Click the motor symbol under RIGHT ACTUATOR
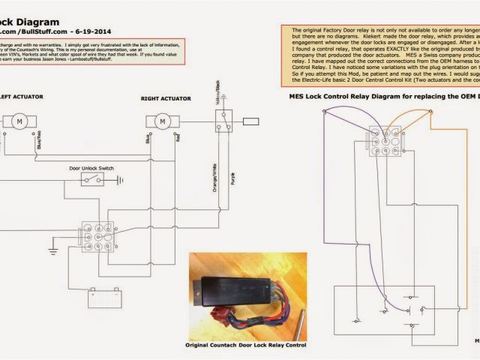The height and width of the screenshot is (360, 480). click(160, 120)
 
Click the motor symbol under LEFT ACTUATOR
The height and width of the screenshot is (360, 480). click(20, 120)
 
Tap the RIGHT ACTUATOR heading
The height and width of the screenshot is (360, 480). click(166, 98)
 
